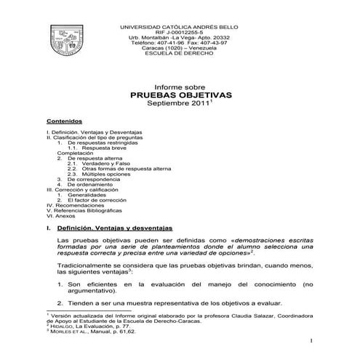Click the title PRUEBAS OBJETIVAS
[180, 95]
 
